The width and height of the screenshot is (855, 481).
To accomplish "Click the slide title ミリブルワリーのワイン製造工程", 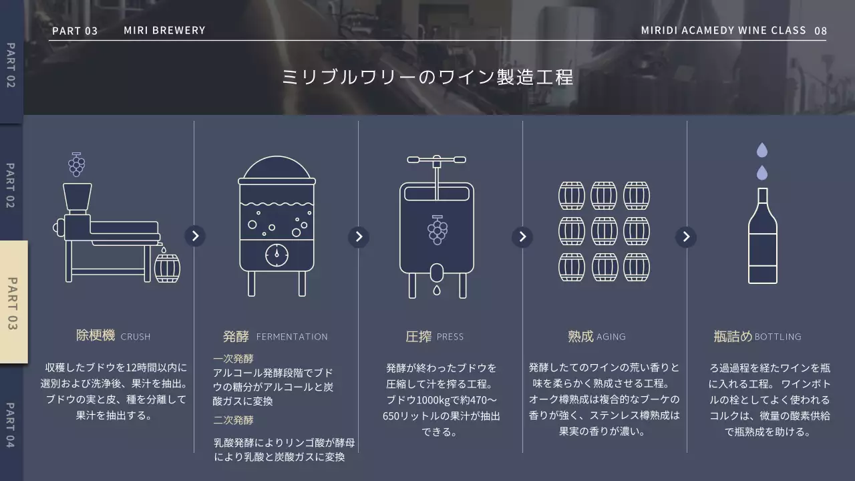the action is (427, 77).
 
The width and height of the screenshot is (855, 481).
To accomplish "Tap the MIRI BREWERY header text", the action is (164, 31).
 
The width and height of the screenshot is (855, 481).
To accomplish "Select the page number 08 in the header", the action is (820, 31).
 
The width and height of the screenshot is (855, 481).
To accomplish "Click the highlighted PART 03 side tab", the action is (14, 302).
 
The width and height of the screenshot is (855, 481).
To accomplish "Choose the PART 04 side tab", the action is (11, 425).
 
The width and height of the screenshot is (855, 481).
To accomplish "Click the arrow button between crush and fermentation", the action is (195, 236).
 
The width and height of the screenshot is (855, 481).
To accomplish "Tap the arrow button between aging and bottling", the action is (686, 236).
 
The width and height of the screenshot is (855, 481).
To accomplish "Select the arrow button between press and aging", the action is (522, 236).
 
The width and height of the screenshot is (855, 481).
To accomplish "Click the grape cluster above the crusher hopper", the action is (76, 164).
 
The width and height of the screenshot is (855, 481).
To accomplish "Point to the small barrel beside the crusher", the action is (167, 268).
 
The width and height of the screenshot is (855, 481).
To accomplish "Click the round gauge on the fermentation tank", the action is (277, 255).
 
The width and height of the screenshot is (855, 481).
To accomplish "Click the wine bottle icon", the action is (762, 236).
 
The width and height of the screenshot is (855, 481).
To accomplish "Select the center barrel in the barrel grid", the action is (605, 231).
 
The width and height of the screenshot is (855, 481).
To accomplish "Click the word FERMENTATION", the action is (292, 337).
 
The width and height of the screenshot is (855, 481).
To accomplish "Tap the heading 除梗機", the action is (96, 335).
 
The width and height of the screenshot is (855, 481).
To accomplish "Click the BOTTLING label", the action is (778, 337).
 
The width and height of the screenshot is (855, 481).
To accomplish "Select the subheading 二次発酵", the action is (233, 420).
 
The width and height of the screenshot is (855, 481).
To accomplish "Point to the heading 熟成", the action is (580, 336).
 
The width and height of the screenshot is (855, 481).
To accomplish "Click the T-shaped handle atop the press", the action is (437, 160).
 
